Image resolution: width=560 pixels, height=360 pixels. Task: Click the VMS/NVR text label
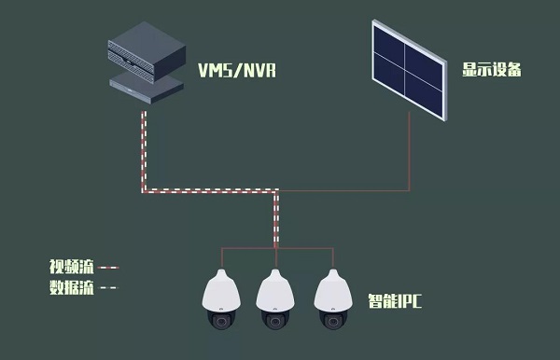(237, 70)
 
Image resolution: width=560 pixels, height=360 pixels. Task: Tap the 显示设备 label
(492, 69)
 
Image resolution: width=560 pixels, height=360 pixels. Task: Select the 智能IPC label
(395, 300)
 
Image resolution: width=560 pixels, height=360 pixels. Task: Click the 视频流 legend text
(72, 267)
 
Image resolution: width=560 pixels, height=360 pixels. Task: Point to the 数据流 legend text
(72, 287)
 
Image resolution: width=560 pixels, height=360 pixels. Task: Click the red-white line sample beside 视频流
(108, 268)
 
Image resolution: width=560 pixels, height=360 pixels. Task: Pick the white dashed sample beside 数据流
(108, 287)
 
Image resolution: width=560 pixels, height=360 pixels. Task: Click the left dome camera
(221, 299)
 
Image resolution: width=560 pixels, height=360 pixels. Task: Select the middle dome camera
(275, 299)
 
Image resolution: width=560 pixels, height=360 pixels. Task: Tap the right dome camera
(333, 299)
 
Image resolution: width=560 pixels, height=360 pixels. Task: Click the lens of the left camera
(221, 322)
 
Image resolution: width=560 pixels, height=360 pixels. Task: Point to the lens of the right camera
(333, 322)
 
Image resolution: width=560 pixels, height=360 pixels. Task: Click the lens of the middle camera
(275, 322)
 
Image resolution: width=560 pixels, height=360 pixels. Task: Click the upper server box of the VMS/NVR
(147, 52)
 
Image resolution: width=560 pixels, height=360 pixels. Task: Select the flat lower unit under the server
(147, 88)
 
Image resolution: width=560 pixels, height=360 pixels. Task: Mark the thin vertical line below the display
(410, 151)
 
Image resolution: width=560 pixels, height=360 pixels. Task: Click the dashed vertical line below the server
(144, 152)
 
